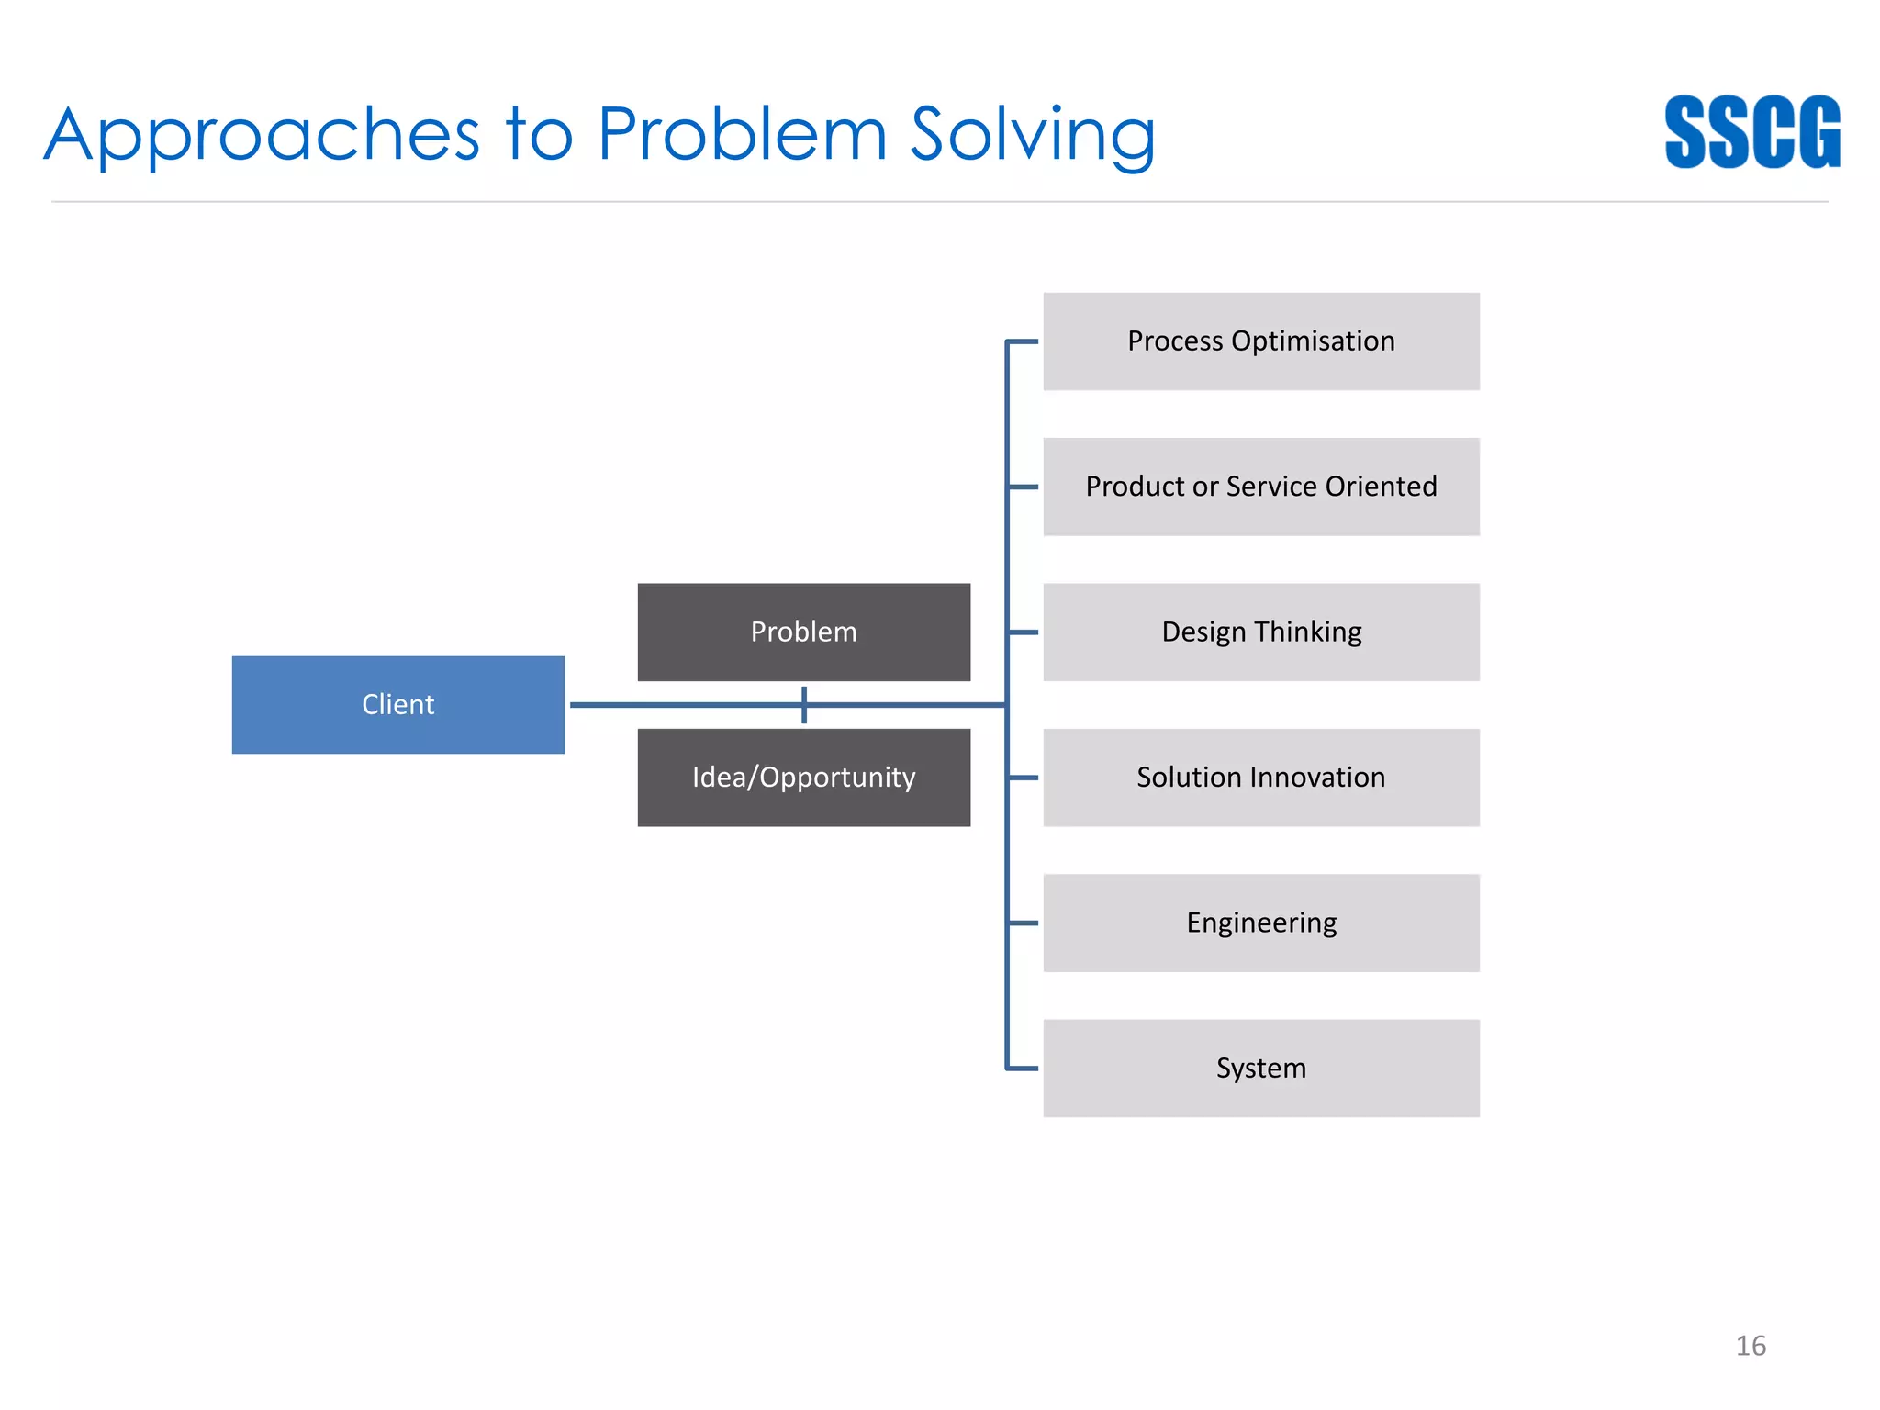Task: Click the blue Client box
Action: (397, 704)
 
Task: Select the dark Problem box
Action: (803, 632)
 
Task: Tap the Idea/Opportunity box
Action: (803, 777)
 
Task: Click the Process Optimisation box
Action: (1260, 341)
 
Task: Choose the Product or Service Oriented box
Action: (1260, 487)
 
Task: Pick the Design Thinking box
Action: (1260, 632)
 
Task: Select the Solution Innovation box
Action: (1260, 777)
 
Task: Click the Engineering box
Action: (1260, 923)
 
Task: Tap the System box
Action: (1260, 1068)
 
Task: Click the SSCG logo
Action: (1751, 132)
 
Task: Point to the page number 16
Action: (1750, 1346)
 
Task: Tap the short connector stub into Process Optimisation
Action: (1023, 341)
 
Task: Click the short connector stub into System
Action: (1023, 1068)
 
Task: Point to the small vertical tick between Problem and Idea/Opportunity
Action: (804, 704)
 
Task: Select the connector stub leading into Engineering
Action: (1023, 923)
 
